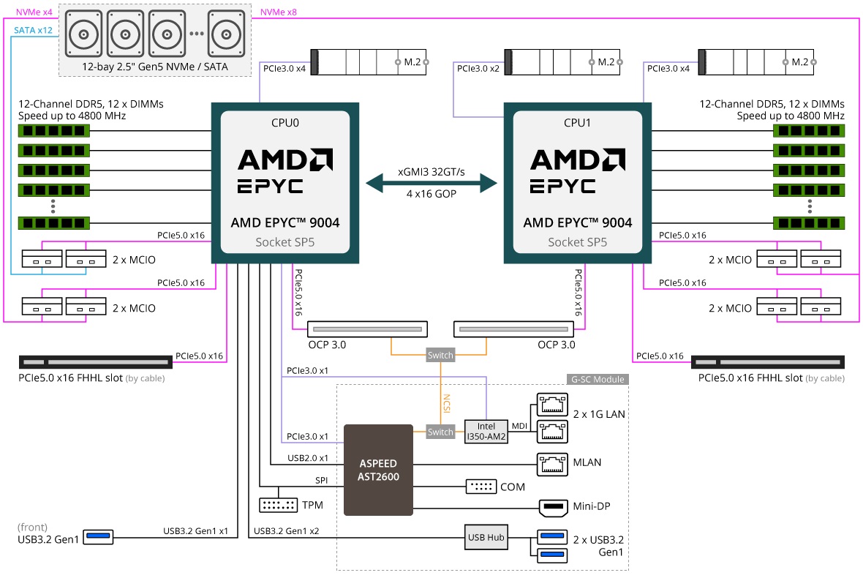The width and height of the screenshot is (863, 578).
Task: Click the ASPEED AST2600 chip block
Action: tap(378, 469)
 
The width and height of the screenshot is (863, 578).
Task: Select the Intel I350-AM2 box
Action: tap(486, 432)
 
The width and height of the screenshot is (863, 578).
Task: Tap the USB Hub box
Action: tap(486, 538)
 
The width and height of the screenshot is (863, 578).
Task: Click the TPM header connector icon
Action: tap(278, 505)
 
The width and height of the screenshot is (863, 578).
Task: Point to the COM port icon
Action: tap(481, 487)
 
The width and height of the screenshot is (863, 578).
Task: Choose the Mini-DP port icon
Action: tap(552, 507)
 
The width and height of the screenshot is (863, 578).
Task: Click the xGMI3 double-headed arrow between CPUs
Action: tap(431, 182)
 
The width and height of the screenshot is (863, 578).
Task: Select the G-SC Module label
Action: tap(598, 379)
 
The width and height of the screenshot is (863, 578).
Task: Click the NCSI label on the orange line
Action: tap(445, 402)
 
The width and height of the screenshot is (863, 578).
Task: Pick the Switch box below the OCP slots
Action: tap(440, 355)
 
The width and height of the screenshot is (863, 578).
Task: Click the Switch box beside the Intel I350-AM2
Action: tap(440, 432)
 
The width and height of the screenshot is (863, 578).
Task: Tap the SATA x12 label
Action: tap(34, 30)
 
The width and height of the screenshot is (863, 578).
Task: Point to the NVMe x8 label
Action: tap(279, 12)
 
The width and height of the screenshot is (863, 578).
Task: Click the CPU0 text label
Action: tap(285, 122)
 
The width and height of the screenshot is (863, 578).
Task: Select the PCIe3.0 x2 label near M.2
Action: tap(478, 68)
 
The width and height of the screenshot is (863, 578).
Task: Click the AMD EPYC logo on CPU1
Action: tap(577, 170)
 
